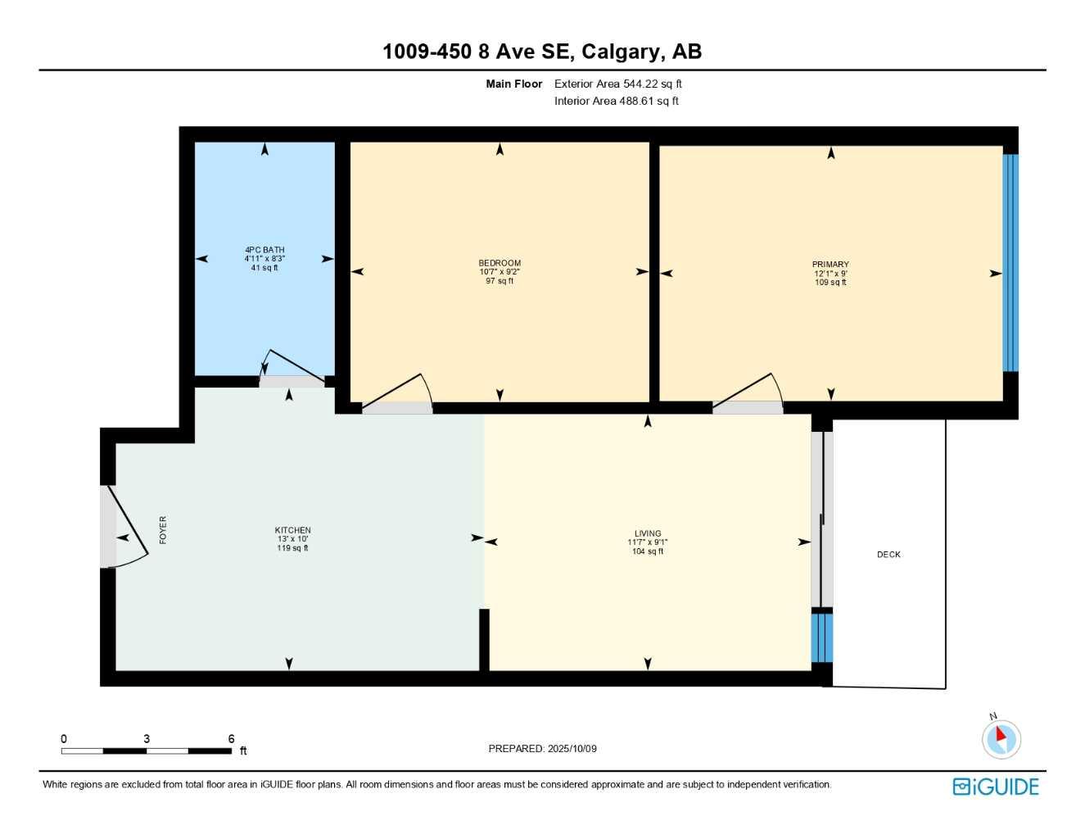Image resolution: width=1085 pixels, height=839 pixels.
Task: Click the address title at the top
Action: [x=541, y=52]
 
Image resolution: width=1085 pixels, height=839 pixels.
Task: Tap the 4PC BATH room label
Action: [x=264, y=250]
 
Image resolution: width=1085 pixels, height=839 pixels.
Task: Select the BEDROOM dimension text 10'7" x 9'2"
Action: [x=500, y=272]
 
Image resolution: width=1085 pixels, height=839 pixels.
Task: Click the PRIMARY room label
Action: [x=830, y=265]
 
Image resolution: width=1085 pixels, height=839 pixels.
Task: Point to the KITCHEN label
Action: [x=292, y=530]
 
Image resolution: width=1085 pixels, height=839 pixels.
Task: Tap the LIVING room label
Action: [x=647, y=533]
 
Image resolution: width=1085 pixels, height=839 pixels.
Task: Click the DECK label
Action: [x=888, y=555]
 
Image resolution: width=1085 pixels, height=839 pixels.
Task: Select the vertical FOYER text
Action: [x=163, y=529]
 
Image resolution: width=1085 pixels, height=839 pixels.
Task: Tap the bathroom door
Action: [x=291, y=369]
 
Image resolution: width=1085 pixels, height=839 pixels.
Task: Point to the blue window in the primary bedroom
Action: [x=1010, y=262]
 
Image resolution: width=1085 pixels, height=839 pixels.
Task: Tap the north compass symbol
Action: [x=1001, y=738]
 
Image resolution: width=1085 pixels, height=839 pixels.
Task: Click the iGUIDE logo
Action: [x=996, y=787]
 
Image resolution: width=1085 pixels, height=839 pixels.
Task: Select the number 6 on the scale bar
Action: [x=232, y=739]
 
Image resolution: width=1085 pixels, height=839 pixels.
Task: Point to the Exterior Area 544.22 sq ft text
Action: [x=617, y=84]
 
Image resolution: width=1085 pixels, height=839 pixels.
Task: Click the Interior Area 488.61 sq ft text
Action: [x=616, y=102]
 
